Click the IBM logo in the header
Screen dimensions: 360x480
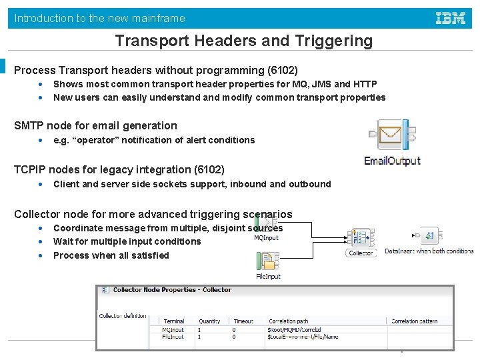coord(450,18)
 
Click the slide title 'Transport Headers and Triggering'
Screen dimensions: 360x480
coord(243,41)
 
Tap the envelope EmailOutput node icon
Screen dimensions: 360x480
coord(392,137)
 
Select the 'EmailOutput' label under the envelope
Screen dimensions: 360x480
coord(392,161)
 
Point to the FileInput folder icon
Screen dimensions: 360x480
coord(269,260)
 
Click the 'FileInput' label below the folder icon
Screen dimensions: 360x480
coord(269,276)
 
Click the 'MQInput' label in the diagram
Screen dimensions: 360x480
coord(266,238)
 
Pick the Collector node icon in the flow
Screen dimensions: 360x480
coord(360,238)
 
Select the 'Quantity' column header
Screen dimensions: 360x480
coord(209,321)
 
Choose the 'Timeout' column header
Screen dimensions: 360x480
coord(243,321)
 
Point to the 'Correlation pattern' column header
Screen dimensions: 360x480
coord(414,321)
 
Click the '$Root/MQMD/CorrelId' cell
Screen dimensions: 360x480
coord(294,329)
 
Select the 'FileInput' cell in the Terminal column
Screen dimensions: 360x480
coord(173,337)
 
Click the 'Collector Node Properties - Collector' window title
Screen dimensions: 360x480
coord(172,290)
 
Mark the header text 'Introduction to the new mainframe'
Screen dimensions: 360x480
coord(100,18)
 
